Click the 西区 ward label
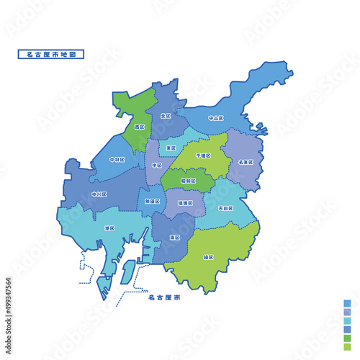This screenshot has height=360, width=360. (139, 127)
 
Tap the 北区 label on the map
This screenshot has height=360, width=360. (166, 116)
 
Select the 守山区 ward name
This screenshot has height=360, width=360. (216, 117)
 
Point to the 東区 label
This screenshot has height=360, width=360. (171, 148)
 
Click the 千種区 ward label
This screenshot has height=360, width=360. (203, 155)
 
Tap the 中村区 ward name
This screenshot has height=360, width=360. (117, 159)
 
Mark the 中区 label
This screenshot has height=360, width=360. (157, 166)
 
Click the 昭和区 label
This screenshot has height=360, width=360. (188, 181)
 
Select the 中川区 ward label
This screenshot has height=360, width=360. (99, 194)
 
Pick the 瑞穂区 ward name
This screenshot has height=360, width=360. (186, 204)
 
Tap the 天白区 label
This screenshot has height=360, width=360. (225, 208)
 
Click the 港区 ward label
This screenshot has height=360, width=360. (109, 228)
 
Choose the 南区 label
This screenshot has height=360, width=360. (175, 236)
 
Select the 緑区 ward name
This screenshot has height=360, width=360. (209, 257)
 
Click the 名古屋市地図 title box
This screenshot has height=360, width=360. (50, 54)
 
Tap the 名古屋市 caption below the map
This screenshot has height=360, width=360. (163, 296)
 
